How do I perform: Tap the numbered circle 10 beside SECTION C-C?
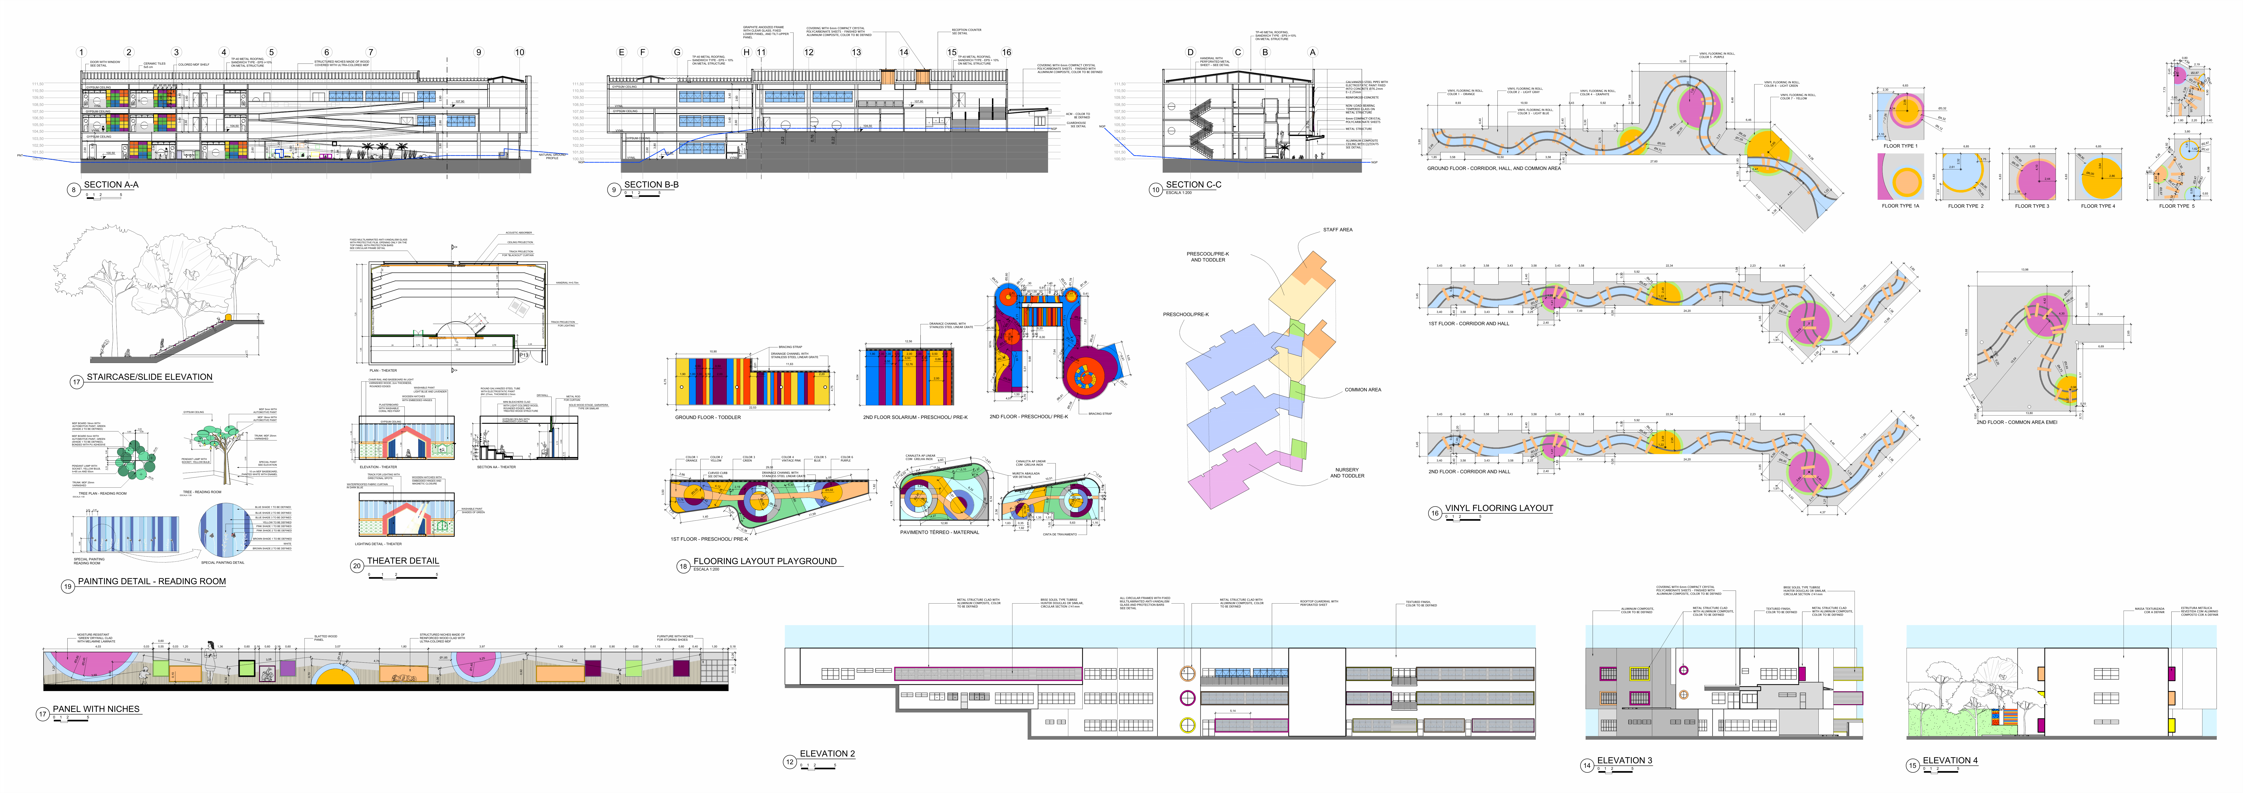click(x=1155, y=189)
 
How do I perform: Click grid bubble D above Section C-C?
click(x=1190, y=52)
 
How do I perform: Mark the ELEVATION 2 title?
click(x=827, y=754)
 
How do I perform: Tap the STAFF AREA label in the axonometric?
click(x=1337, y=230)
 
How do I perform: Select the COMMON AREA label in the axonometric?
click(x=1363, y=390)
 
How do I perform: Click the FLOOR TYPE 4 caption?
click(x=2098, y=206)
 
